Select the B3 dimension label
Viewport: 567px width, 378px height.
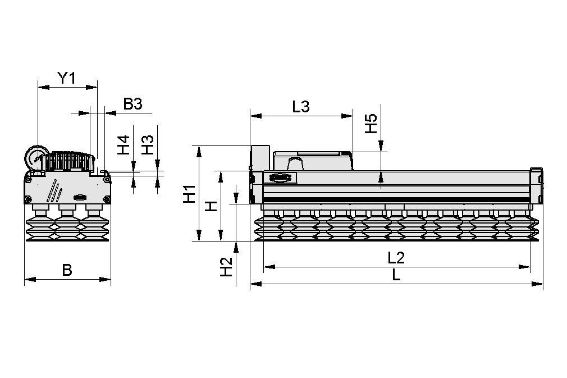coord(133,103)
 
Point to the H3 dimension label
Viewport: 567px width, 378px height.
coord(147,145)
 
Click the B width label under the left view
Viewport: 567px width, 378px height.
coord(67,270)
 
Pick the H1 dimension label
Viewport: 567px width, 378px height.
coord(189,194)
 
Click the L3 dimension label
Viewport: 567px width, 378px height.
coord(301,107)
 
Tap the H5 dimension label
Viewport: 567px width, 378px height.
coord(371,124)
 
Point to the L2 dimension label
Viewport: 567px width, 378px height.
coord(396,258)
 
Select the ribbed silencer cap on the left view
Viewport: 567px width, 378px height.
coord(70,161)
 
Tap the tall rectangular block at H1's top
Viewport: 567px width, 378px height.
coord(259,157)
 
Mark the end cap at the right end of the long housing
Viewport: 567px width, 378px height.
coord(537,185)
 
